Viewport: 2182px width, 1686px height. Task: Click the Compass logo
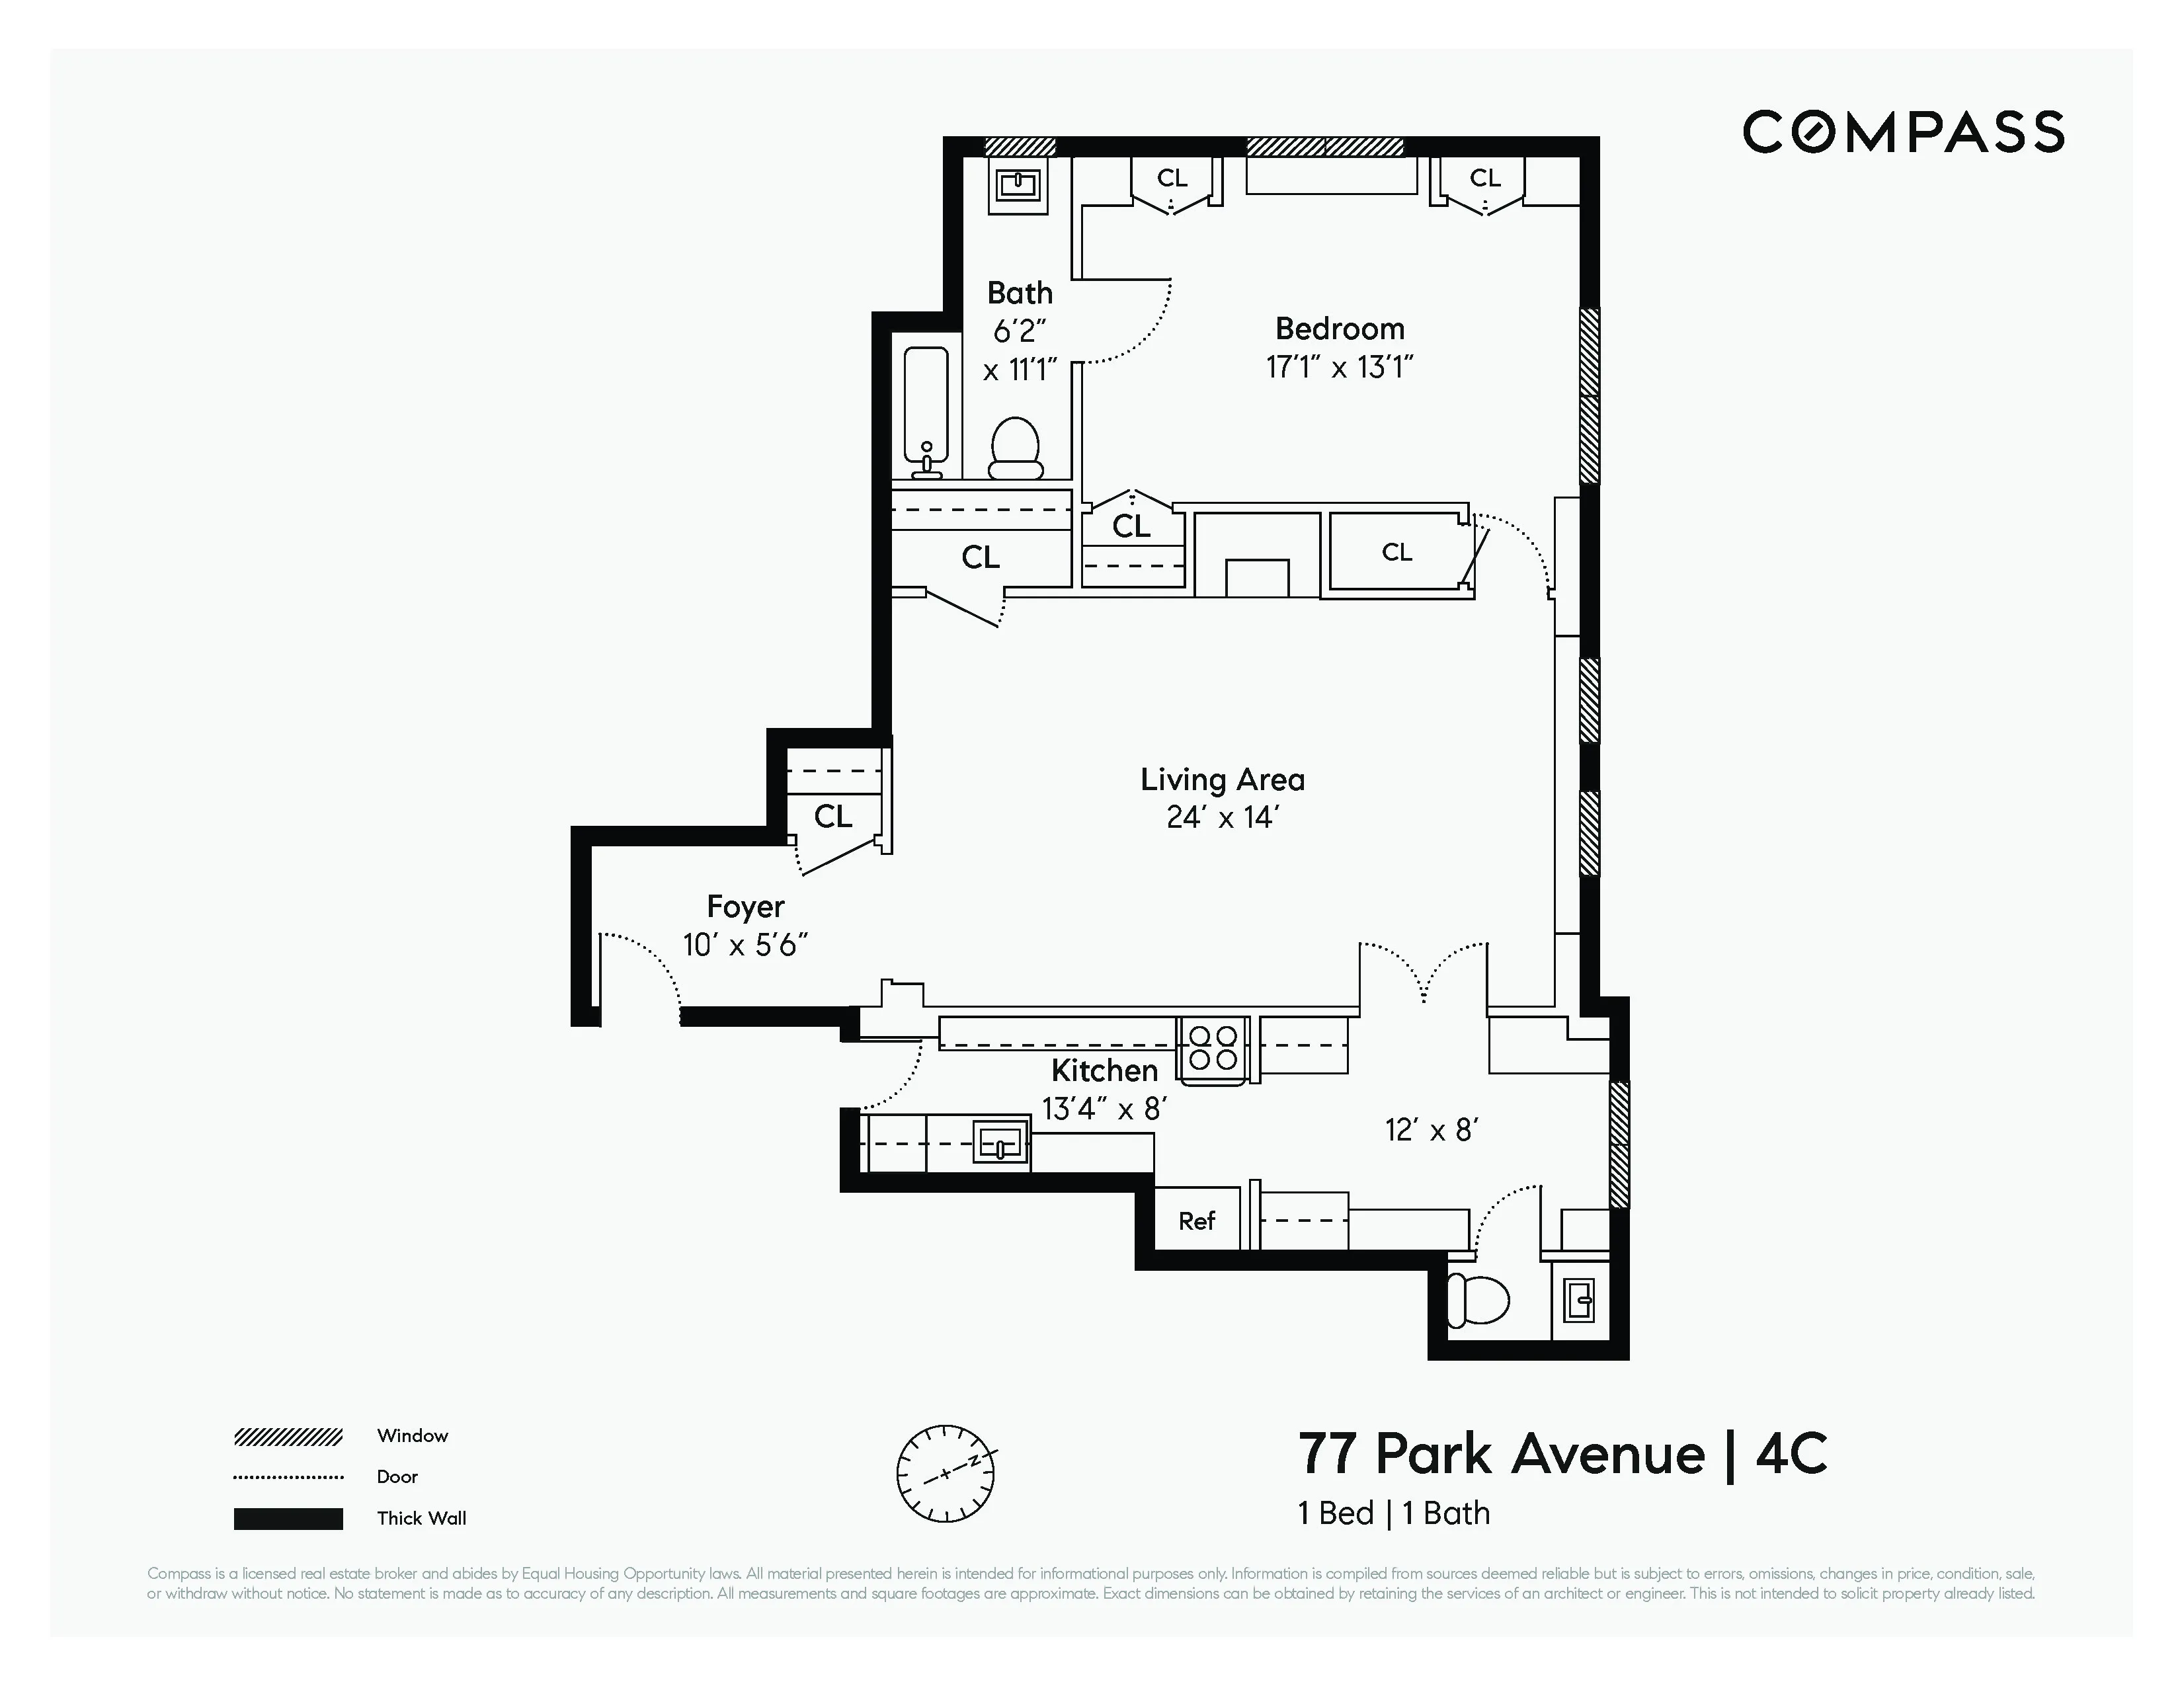coord(1903,132)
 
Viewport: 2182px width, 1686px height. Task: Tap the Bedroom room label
coord(1339,329)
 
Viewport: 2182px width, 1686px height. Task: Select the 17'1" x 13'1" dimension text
coord(1339,368)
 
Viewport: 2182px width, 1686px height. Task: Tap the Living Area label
coord(1222,779)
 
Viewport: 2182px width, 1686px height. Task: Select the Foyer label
coord(745,906)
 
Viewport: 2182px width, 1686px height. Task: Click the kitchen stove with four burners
coord(1213,1049)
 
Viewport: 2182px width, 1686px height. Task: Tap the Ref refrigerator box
coord(1197,1221)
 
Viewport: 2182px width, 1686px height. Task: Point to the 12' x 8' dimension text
coord(1431,1130)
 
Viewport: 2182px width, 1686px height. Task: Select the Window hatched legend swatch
coord(289,1436)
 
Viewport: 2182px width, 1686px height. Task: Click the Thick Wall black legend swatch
coord(289,1518)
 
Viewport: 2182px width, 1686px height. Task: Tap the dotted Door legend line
coord(289,1477)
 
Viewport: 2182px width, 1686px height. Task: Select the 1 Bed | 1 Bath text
coord(1394,1513)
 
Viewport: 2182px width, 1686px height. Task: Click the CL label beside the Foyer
coord(832,817)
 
